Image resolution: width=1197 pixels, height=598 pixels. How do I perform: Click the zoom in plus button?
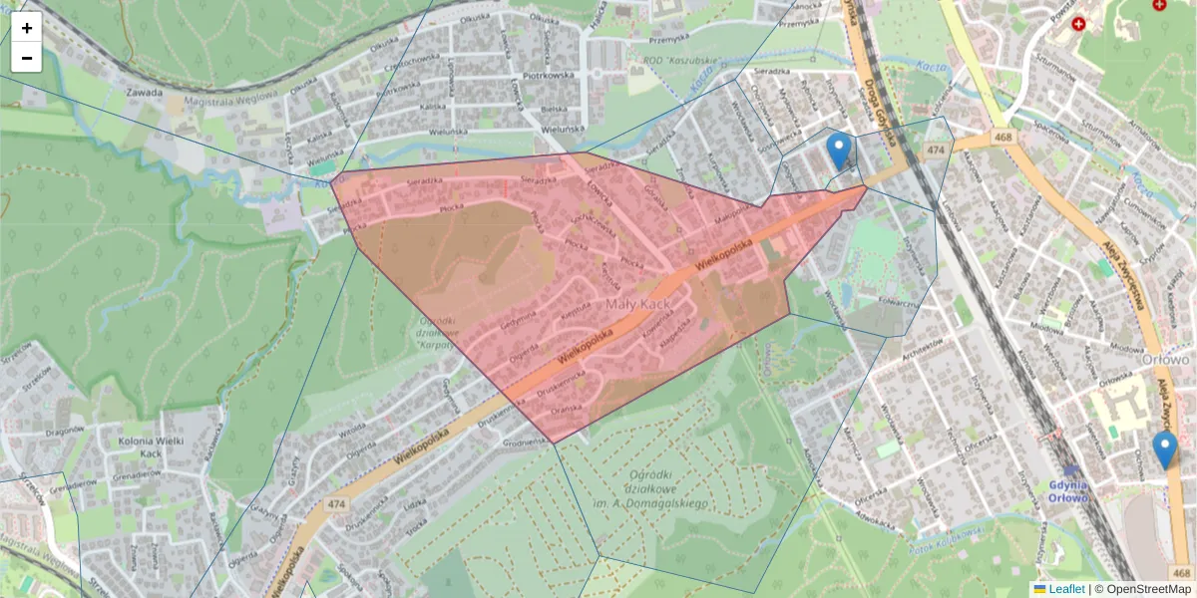[x=27, y=28]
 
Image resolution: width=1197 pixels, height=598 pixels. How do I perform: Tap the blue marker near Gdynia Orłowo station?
[x=1164, y=449]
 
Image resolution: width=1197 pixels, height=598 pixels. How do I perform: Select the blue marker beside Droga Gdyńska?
[x=840, y=150]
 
